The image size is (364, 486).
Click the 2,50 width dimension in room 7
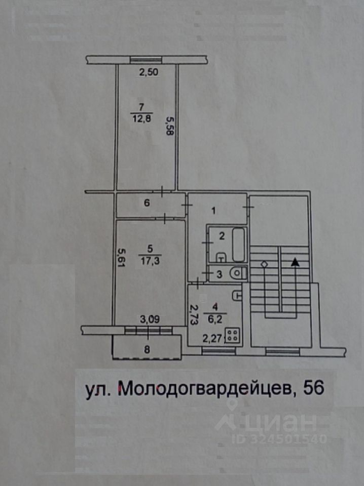[x=149, y=72]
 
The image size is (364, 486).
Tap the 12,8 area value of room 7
[x=141, y=118]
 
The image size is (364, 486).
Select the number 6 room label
[x=147, y=204]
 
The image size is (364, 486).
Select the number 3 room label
[x=219, y=275]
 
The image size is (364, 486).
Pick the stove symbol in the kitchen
[x=234, y=335]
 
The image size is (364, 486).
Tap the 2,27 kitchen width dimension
[x=212, y=339]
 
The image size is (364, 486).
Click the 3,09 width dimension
[x=149, y=319]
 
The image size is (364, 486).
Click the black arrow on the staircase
[x=295, y=262]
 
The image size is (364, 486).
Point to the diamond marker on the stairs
[x=264, y=264]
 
